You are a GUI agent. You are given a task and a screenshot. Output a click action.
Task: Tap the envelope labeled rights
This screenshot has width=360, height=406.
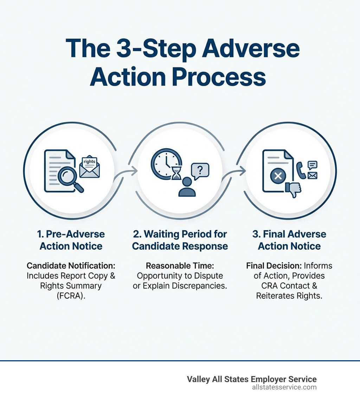coord(90,167)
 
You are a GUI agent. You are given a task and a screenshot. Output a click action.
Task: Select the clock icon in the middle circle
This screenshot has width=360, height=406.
coord(165,163)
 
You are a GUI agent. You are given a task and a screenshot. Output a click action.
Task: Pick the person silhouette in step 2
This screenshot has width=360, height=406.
coord(187,187)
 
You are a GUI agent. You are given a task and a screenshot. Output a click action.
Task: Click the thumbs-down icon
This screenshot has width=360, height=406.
coord(293,189)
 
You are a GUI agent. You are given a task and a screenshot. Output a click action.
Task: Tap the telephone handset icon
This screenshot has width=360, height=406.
coord(301,170)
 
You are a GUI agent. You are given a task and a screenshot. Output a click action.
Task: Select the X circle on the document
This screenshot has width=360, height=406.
coord(278,176)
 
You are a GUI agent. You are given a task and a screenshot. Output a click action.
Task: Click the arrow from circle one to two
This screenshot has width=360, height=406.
coord(131,172)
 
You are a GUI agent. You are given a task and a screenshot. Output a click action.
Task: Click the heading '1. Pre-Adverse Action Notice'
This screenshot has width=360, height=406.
coord(71,240)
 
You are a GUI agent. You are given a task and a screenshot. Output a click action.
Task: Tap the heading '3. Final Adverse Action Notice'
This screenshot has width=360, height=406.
coord(289,240)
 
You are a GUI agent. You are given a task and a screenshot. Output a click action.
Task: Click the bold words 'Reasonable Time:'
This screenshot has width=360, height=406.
coord(180,266)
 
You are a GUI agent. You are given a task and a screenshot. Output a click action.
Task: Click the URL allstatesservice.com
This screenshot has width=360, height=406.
coord(284,387)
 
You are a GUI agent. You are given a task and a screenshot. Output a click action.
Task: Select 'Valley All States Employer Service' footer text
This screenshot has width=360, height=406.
coord(252,379)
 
